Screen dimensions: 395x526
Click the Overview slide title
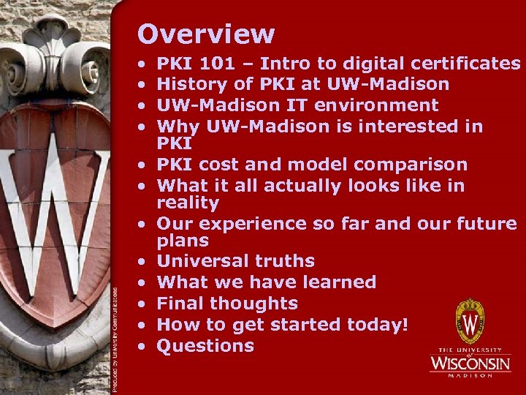tap(206, 34)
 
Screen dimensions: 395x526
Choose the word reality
tap(188, 203)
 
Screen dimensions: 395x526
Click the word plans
tap(183, 241)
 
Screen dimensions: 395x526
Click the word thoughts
tap(254, 304)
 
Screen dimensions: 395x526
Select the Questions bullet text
tap(205, 345)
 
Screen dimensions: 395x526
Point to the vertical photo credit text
tap(116, 336)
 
